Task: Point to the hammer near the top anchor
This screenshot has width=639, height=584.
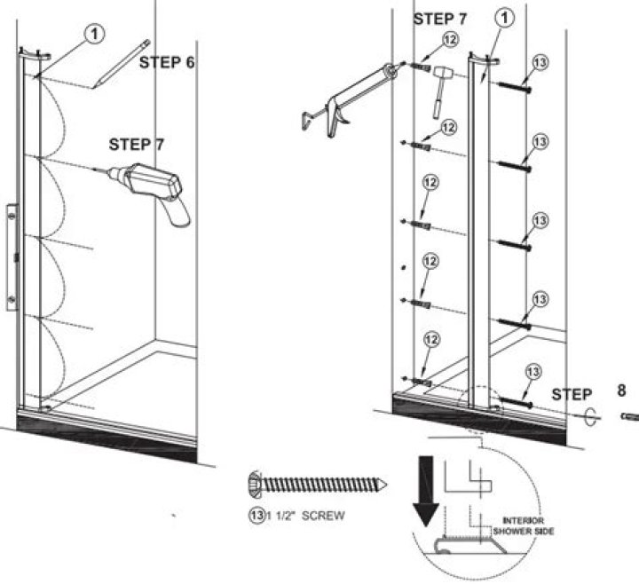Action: point(439,90)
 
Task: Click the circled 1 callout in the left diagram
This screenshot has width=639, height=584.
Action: point(95,32)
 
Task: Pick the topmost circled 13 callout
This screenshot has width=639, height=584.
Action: point(542,63)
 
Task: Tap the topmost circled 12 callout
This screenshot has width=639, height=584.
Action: point(451,39)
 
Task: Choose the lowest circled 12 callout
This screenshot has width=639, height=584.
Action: point(430,340)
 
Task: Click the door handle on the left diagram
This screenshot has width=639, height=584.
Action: point(11,257)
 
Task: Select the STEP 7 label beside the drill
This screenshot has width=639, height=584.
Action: point(137,143)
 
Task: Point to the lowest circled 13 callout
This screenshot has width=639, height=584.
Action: point(532,373)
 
